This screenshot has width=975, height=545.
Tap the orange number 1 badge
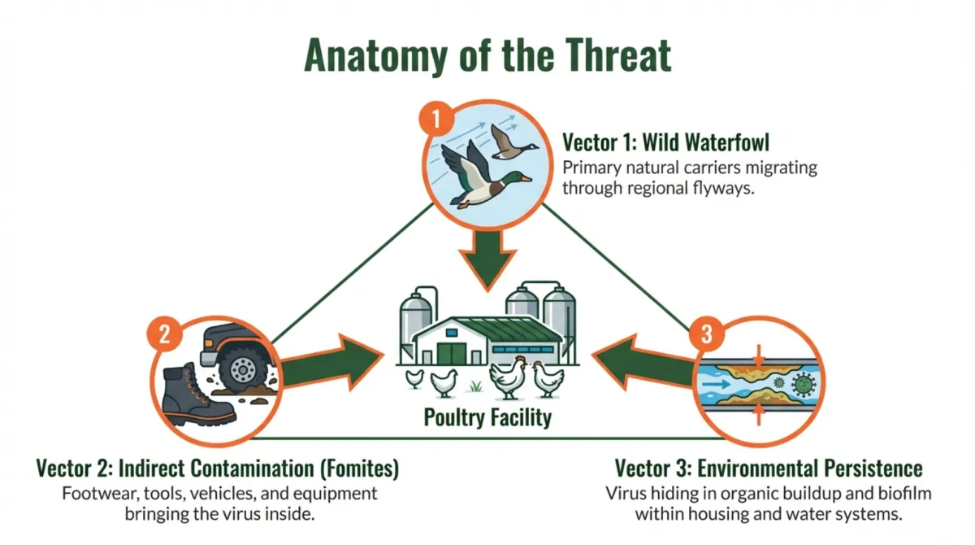436,120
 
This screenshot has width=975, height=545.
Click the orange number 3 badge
705,334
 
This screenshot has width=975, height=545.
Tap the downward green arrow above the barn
487,258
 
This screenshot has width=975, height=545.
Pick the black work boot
197,397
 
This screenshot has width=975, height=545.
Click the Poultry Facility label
487,418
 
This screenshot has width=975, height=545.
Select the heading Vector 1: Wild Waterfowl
666,143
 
